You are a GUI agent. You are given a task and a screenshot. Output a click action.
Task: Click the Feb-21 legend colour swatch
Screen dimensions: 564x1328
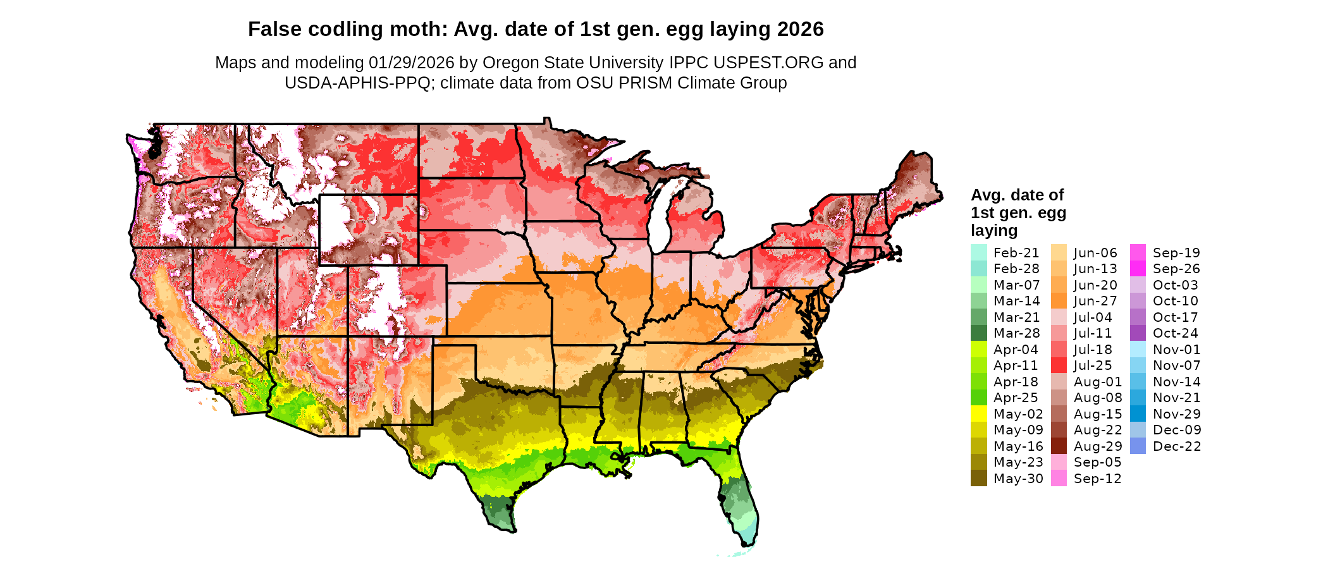pyautogui.click(x=978, y=252)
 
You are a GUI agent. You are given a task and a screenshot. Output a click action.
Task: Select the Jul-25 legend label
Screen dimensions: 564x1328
pyautogui.click(x=1093, y=365)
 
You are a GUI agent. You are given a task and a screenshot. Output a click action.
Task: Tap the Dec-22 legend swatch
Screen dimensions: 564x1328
pyautogui.click(x=1138, y=446)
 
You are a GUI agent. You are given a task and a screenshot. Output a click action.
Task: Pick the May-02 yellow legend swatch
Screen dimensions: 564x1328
pyautogui.click(x=978, y=414)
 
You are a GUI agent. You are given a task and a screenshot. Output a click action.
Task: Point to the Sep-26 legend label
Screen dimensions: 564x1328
pyautogui.click(x=1176, y=269)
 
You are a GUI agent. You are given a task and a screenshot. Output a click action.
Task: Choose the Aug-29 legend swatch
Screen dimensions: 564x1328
pyautogui.click(x=1059, y=446)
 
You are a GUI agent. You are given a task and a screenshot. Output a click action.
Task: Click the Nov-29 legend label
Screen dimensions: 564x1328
pyautogui.click(x=1177, y=414)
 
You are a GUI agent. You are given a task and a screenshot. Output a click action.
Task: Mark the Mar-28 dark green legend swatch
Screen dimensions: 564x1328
pyautogui.click(x=978, y=333)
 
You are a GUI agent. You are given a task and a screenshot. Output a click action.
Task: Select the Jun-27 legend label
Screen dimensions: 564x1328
pyautogui.click(x=1095, y=301)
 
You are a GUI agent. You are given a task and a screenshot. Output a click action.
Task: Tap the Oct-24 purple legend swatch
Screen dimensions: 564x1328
pyautogui.click(x=1138, y=333)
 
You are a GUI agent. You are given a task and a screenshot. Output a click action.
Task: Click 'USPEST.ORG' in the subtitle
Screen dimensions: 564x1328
pyautogui.click(x=768, y=63)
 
